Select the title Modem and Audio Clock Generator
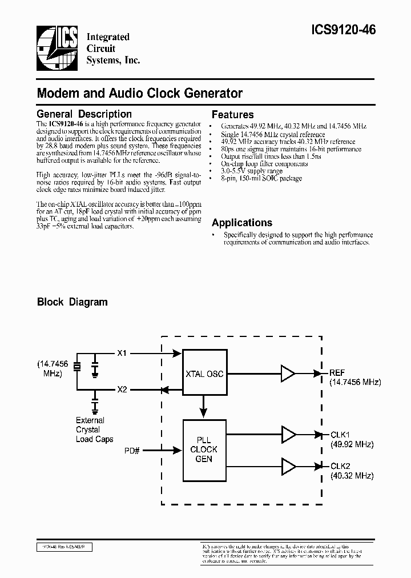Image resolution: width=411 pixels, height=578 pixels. (140, 93)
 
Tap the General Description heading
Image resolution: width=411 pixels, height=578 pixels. (84, 114)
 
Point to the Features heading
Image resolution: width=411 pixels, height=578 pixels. (232, 114)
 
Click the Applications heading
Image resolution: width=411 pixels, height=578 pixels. (241, 223)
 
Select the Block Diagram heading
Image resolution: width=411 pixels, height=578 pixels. (72, 302)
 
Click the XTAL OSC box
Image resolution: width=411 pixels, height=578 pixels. (204, 374)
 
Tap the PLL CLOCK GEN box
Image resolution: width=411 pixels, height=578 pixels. (203, 449)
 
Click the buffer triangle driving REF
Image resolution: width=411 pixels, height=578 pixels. (288, 374)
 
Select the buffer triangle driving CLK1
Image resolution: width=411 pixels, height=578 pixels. (288, 435)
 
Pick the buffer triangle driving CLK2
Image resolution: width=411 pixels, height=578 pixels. (288, 465)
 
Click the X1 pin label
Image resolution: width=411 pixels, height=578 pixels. (122, 354)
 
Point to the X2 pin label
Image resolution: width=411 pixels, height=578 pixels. (122, 390)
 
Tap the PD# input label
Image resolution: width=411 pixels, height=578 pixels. (132, 451)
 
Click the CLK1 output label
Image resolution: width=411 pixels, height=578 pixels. (340, 435)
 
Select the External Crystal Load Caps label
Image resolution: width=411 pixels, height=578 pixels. (94, 430)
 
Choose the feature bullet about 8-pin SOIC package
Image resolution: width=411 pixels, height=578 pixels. (262, 178)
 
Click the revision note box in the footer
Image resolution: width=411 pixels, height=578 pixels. (64, 547)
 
